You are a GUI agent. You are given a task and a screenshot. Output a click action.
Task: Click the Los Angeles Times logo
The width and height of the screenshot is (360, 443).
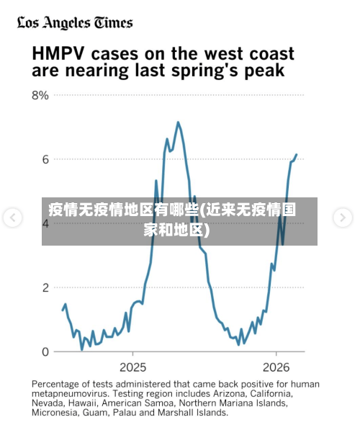pyautogui.click(x=75, y=22)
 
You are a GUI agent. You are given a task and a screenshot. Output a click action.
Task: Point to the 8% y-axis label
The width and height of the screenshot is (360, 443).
pyautogui.click(x=40, y=95)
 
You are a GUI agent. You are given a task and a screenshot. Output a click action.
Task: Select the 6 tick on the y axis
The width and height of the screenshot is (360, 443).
pyautogui.click(x=45, y=159)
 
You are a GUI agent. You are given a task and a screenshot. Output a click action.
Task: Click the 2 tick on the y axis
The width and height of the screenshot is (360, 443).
pyautogui.click(x=45, y=287)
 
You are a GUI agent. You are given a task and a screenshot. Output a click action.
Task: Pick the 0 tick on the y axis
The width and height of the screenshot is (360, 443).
pyautogui.click(x=45, y=352)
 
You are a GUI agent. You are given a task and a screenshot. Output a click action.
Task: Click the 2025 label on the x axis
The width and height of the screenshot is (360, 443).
pyautogui.click(x=132, y=366)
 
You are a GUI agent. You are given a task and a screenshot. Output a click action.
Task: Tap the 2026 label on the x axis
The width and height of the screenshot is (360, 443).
pyautogui.click(x=277, y=366)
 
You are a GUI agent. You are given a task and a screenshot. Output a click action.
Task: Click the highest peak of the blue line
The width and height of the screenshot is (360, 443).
pyautogui.click(x=178, y=122)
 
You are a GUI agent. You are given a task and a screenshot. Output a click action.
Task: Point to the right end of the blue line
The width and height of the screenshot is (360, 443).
pyautogui.click(x=296, y=154)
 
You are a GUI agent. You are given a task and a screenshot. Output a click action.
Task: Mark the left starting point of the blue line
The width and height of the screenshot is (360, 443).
pyautogui.click(x=63, y=309)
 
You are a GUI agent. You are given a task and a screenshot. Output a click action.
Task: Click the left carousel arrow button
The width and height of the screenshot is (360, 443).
pyautogui.click(x=12, y=217)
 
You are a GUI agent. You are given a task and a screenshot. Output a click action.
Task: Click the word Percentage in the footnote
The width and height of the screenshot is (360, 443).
pyautogui.click(x=58, y=384)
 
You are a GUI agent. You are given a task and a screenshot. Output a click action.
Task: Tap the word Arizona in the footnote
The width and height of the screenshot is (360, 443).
pyautogui.click(x=227, y=394)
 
